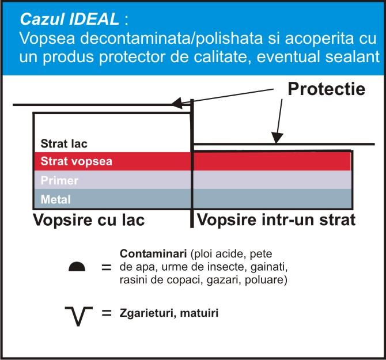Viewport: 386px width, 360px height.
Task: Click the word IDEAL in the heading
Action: coord(94,19)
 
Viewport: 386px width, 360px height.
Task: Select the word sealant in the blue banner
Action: coord(352,56)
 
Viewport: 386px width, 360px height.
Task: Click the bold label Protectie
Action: coord(327,89)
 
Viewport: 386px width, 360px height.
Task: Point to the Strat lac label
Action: coord(64,143)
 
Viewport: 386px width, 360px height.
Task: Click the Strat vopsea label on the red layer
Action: coord(76,161)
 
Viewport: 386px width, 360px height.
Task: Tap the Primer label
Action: coord(59,180)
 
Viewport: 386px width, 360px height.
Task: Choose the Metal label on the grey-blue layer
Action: coord(56,199)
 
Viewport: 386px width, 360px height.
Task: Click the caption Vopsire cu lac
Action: coord(89,219)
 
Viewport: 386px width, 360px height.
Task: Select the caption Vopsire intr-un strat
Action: coord(276,219)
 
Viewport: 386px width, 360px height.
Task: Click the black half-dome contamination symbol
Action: coord(77,267)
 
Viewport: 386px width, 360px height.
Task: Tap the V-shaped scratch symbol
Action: coord(78,316)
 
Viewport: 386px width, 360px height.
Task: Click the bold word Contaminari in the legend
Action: coord(153,253)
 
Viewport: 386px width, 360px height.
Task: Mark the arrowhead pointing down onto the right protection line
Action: coord(277,138)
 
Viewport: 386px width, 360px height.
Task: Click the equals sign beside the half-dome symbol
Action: coord(107,267)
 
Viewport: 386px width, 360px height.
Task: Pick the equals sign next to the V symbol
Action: coord(107,313)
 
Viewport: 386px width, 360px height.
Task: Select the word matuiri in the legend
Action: coord(199,313)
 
